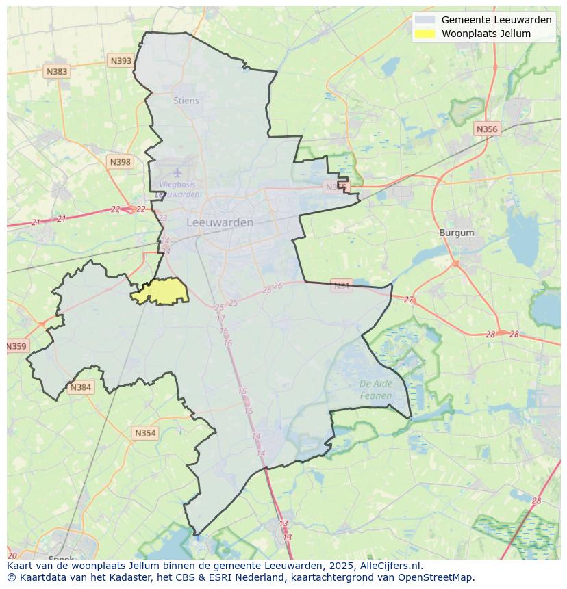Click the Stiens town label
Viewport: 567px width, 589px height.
186,101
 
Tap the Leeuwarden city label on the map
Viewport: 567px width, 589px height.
220,222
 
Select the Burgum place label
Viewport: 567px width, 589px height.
456,233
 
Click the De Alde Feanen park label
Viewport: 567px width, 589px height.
376,389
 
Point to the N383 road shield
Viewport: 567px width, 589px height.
57,71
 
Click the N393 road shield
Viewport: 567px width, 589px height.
121,61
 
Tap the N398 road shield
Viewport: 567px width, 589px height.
120,162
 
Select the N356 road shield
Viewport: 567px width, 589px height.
487,129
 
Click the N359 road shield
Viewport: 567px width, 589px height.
16,346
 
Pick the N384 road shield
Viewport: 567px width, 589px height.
80,387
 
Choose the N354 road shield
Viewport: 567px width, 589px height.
145,433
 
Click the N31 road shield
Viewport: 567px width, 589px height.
341,285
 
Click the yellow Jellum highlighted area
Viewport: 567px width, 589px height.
163,291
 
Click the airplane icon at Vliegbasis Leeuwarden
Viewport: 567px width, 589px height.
177,172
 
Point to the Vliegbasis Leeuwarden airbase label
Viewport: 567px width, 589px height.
177,189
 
